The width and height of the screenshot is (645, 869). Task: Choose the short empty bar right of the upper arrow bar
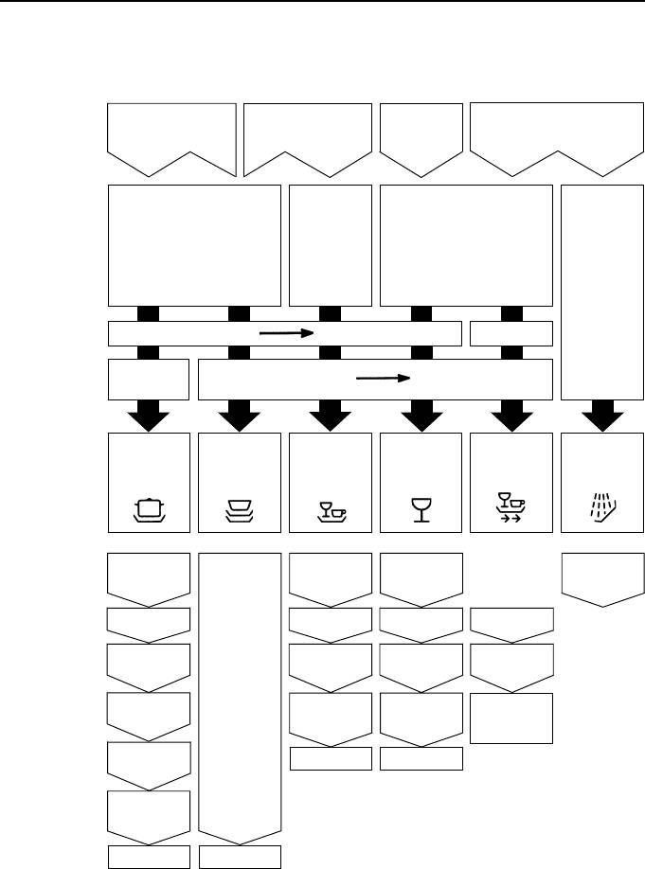click(x=511, y=333)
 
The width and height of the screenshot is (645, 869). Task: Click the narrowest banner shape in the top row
click(x=421, y=135)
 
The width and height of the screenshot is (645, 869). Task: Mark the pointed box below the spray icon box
click(x=602, y=576)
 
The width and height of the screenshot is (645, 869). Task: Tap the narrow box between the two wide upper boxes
click(x=330, y=244)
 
